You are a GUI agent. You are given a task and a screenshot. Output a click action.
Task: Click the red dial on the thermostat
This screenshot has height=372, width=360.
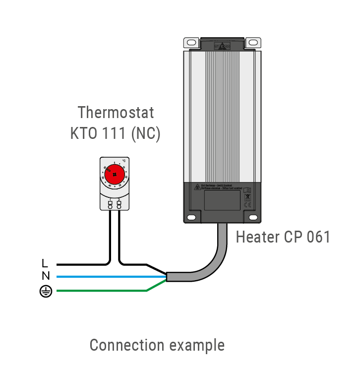click(114, 175)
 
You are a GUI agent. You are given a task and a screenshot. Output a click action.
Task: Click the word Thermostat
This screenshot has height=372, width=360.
click(116, 112)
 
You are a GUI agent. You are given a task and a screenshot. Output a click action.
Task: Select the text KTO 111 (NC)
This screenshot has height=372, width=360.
click(116, 133)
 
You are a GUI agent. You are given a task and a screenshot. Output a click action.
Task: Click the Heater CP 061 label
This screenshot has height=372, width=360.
click(283, 237)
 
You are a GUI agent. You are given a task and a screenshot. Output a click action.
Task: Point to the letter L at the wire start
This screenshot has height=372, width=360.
click(45, 263)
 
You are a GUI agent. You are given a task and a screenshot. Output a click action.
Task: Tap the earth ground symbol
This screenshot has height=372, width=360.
click(46, 292)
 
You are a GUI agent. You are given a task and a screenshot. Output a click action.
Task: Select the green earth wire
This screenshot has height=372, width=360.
click(99, 291)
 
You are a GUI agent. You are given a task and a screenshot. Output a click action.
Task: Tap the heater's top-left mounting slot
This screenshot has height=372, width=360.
click(191, 43)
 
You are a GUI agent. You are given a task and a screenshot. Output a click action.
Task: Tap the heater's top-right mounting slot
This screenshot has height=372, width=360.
click(253, 43)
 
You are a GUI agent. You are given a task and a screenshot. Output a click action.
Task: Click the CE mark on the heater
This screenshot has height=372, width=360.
click(248, 204)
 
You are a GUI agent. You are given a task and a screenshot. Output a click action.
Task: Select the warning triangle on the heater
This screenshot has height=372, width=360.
click(197, 187)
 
